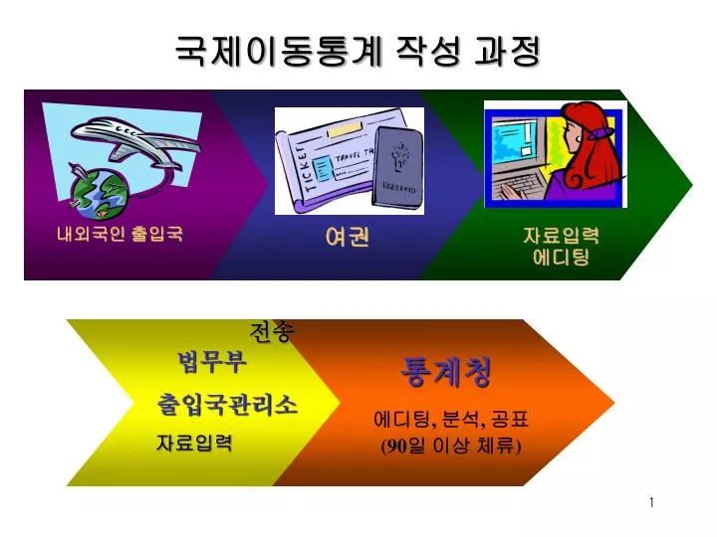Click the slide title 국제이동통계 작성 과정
point(358,51)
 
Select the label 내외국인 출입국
point(119,234)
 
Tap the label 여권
point(348,237)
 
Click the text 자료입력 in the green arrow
point(561,236)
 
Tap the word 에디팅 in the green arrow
point(561,258)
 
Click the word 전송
point(272,331)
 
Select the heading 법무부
point(213,362)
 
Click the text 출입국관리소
point(227,405)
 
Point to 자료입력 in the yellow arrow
point(194,443)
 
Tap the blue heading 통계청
point(446,372)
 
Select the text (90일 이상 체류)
point(451,446)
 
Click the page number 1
point(651,503)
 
